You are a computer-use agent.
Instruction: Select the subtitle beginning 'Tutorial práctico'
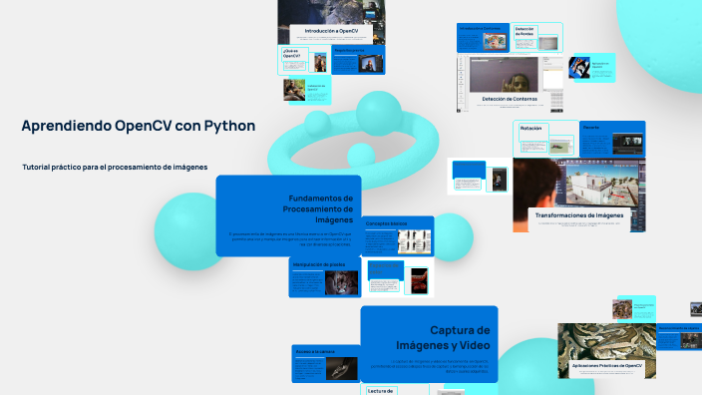click(115, 167)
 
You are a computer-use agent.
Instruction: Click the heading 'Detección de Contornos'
click(511, 99)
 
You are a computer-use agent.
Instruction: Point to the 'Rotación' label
click(531, 129)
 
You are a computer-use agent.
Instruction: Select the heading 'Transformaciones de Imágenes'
click(579, 214)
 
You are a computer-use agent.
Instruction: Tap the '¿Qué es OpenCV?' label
click(291, 54)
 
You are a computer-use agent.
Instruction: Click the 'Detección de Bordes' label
click(526, 32)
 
